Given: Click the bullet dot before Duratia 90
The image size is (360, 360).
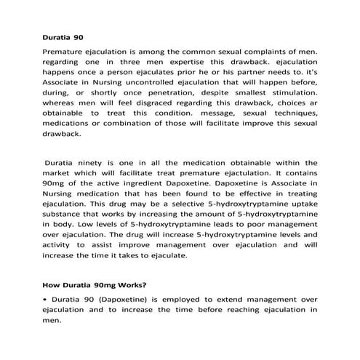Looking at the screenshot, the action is (46, 300).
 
